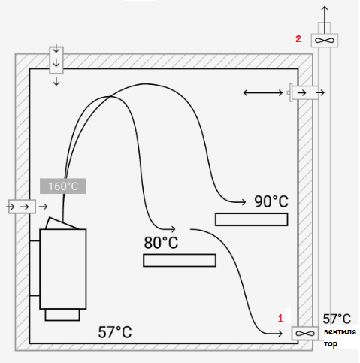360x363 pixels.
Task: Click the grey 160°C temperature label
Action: click(63, 186)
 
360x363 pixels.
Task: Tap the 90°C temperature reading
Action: click(271, 201)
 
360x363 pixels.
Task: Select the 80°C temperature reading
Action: click(161, 243)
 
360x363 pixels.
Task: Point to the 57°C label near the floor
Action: click(115, 332)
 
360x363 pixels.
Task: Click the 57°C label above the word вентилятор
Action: click(337, 319)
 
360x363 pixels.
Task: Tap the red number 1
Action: click(280, 319)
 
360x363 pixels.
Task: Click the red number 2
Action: click(298, 39)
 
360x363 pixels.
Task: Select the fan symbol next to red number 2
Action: click(325, 41)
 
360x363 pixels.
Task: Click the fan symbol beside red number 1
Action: click(305, 334)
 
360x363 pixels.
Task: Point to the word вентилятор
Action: click(340, 337)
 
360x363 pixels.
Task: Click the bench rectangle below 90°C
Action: click(251, 219)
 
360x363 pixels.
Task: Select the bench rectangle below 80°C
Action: click(180, 260)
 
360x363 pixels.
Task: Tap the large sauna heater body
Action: click(63, 269)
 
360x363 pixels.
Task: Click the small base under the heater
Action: click(62, 315)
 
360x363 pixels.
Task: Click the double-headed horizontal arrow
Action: click(263, 93)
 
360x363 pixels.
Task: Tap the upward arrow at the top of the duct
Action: click(325, 20)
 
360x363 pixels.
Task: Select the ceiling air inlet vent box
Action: click(56, 60)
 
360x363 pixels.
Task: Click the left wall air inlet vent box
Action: click(22, 207)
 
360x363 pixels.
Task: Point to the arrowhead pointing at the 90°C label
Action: click(244, 201)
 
